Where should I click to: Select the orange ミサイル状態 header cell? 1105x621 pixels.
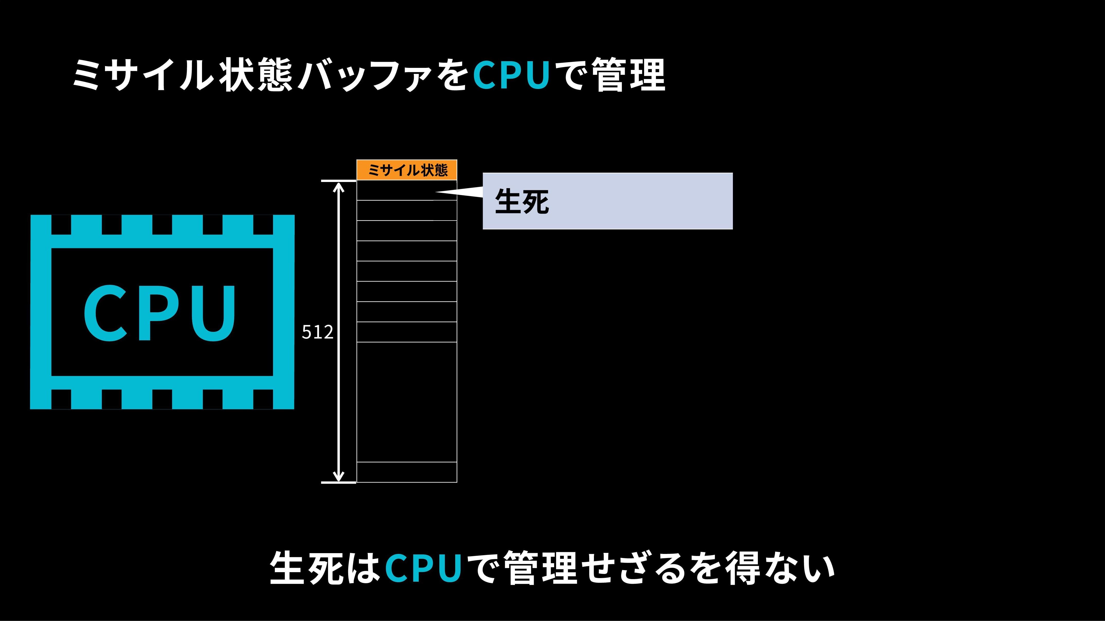tap(407, 170)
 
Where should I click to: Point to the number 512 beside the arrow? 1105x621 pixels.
tap(318, 332)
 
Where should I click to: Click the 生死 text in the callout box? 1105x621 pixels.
tap(522, 202)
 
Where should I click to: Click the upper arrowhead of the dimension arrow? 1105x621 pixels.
tap(339, 187)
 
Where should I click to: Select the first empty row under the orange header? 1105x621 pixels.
tap(407, 190)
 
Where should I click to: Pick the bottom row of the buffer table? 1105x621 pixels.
tap(407, 472)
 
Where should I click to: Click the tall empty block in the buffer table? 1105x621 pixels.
tap(407, 402)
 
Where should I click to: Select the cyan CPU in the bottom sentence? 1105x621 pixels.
tap(423, 568)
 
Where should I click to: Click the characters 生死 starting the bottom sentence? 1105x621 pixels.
tap(307, 568)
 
